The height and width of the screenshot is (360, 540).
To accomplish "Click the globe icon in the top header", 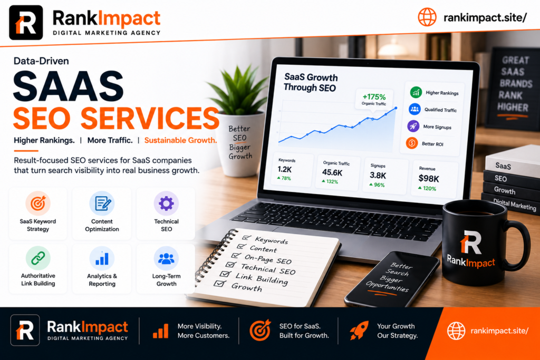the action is [427, 17].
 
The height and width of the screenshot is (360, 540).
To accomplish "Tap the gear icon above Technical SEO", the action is [166, 203].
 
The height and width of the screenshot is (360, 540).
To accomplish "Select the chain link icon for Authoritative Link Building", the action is [38, 258].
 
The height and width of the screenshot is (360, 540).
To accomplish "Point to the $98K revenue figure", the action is [429, 179].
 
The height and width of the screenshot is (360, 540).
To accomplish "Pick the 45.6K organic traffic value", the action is [332, 172].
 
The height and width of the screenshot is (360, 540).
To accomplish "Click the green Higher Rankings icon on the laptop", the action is [416, 92].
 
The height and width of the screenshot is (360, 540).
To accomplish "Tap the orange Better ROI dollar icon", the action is [411, 143].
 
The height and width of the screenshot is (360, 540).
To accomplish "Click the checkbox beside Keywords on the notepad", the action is [246, 238].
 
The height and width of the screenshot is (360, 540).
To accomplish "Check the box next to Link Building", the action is [225, 274].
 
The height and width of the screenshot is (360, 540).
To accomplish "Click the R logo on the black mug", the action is [470, 242].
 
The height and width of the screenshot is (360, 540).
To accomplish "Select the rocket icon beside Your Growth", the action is [359, 330].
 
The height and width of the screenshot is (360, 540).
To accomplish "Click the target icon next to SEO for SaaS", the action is [260, 330].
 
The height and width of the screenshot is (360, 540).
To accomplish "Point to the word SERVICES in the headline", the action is [150, 118].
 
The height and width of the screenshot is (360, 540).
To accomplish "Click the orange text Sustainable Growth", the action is [180, 140].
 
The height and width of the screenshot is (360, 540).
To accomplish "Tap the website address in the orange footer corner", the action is [499, 330].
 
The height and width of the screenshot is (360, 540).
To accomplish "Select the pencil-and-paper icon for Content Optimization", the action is [102, 203].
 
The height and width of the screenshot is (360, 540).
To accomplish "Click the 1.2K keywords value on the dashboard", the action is [284, 169].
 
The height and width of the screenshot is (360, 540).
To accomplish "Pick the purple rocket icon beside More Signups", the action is [413, 126].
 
